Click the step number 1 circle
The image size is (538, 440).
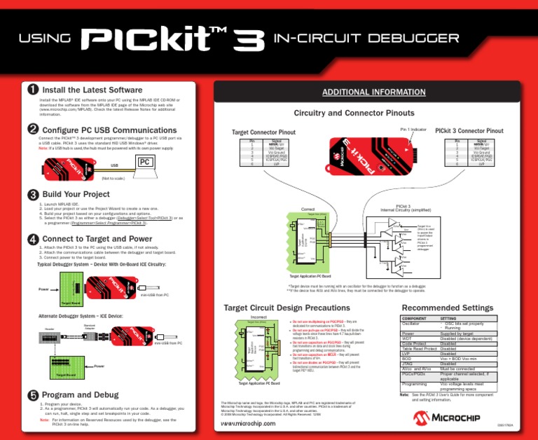point(32,90)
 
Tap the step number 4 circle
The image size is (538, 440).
point(32,240)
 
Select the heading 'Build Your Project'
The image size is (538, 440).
point(76,194)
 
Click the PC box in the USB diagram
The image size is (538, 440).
point(145,162)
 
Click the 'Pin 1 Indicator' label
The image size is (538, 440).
point(414,129)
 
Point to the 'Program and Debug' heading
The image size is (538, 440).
point(85,394)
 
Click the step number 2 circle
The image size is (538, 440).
point(32,130)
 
